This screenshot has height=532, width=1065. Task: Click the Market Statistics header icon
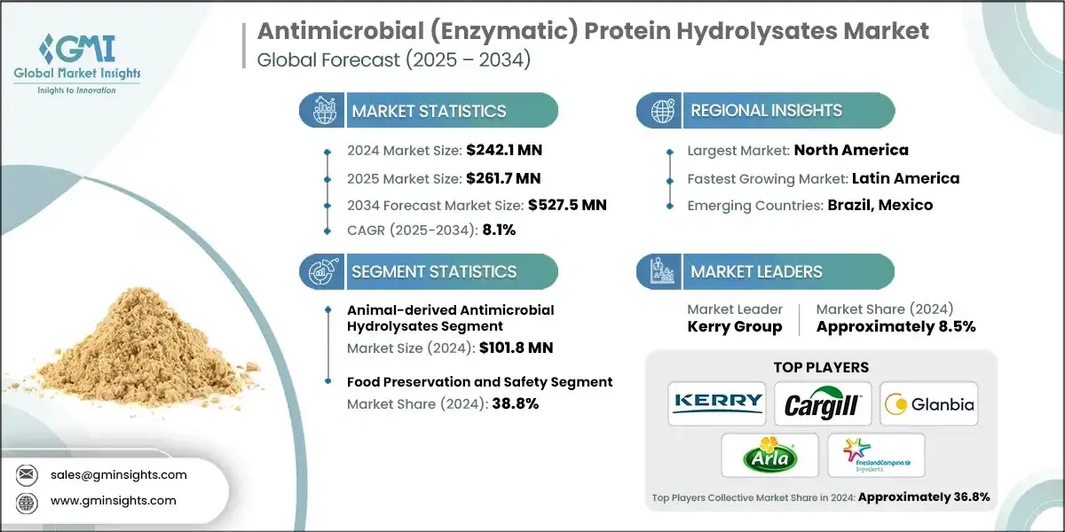(x=320, y=111)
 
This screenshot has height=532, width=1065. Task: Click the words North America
(x=850, y=150)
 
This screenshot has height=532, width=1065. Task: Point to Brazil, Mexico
(x=880, y=205)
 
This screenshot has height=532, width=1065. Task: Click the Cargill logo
(x=822, y=403)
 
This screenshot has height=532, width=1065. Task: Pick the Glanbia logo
(x=928, y=404)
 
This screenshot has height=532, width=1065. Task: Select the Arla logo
(x=769, y=457)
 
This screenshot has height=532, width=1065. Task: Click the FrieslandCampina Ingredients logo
(x=875, y=455)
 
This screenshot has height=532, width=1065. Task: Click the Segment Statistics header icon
(x=320, y=271)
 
